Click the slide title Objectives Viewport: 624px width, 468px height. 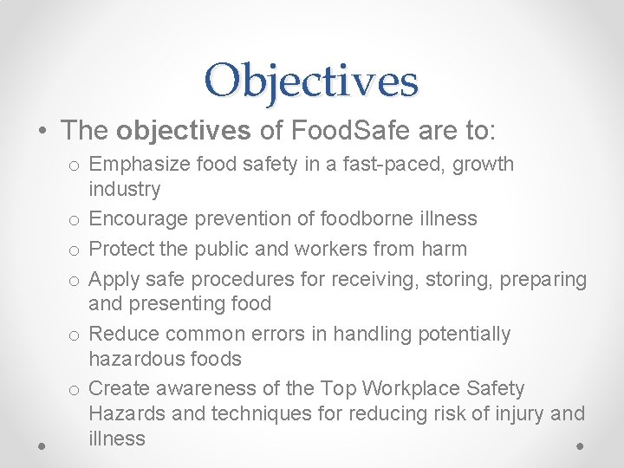click(312, 81)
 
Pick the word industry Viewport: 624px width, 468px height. click(125, 189)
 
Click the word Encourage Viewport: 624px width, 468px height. click(139, 218)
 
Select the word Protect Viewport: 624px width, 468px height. click(120, 249)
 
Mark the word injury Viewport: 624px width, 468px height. click(518, 413)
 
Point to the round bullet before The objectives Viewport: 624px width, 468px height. click(42, 132)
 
